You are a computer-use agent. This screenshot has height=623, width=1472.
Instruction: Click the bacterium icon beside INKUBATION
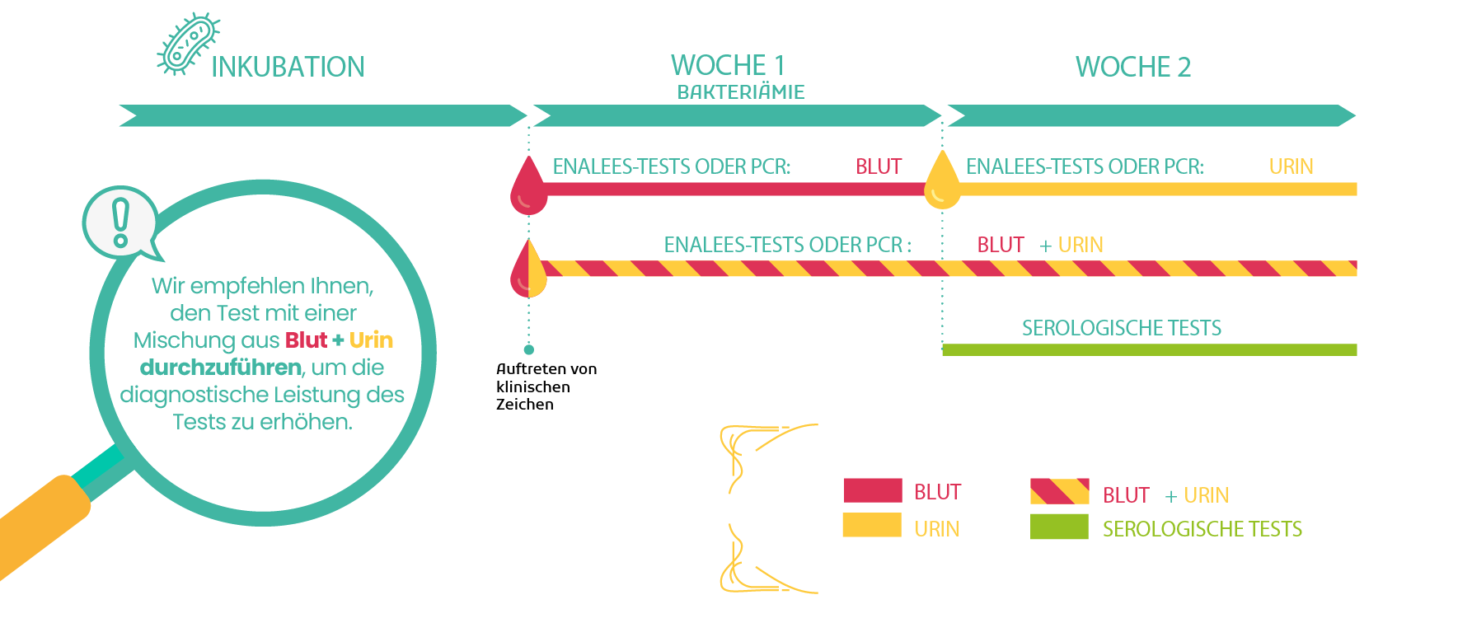click(188, 44)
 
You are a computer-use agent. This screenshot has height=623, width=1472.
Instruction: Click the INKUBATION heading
click(288, 67)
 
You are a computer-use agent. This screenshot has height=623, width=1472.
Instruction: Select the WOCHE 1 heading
click(728, 65)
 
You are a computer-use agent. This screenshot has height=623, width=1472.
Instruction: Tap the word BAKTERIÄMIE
click(741, 92)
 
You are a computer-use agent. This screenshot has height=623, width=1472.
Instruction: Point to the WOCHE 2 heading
click(1133, 67)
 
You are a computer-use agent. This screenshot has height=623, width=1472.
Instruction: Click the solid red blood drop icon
click(528, 188)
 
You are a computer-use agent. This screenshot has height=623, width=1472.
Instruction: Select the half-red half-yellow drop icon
click(528, 270)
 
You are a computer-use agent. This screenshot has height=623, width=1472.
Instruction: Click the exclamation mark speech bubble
click(121, 222)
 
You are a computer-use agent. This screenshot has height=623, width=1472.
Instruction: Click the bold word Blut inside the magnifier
click(306, 340)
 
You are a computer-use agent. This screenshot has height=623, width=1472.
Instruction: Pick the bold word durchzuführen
click(221, 368)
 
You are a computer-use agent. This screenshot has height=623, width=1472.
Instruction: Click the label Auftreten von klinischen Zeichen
click(546, 386)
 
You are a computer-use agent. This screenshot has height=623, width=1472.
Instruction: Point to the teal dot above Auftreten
click(529, 349)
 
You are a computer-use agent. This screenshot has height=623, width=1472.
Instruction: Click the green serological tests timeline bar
click(1150, 350)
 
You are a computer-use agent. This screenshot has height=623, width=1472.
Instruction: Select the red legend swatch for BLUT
click(873, 490)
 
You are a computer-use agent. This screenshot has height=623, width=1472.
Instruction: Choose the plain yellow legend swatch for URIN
click(872, 525)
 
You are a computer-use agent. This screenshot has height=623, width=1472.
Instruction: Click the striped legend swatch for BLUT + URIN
click(1060, 491)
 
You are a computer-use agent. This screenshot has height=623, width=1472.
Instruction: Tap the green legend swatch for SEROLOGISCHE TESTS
click(1059, 527)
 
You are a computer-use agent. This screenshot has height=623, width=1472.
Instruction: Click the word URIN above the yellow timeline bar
click(1292, 167)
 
